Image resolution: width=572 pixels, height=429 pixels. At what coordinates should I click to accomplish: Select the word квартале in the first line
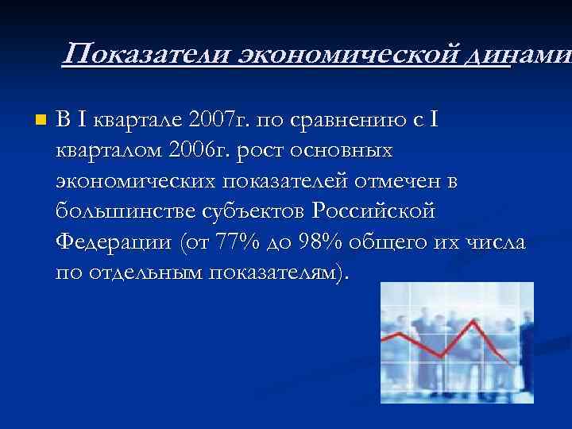pyautogui.click(x=140, y=121)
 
